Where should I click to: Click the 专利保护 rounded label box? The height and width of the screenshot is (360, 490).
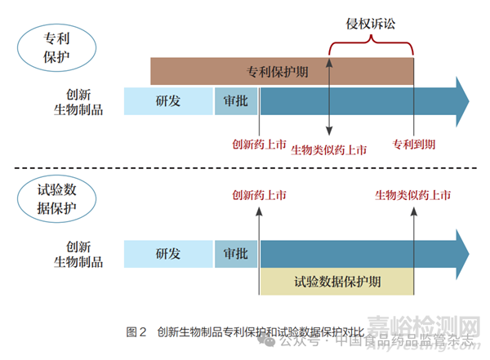pos(55,47)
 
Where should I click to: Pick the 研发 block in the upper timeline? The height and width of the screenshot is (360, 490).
pos(168,101)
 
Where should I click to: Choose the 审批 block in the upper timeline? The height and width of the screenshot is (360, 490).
pos(236,101)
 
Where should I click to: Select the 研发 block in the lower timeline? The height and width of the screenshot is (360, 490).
pos(168,252)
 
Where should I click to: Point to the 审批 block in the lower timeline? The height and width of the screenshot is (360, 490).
pos(236,252)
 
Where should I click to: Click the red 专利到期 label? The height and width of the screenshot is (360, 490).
pos(413,145)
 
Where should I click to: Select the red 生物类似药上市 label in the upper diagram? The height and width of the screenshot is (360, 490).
pos(329,150)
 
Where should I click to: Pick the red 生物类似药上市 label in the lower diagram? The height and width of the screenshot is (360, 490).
pos(414,195)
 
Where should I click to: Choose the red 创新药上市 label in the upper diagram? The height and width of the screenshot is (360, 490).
pos(259,145)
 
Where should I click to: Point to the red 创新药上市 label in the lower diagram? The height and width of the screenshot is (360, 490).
pos(259,195)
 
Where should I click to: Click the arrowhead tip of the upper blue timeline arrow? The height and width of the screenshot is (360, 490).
pos(469,101)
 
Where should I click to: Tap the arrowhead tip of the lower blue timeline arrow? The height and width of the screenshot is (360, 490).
pos(469,252)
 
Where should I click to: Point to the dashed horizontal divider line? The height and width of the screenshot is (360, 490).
pos(245,169)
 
